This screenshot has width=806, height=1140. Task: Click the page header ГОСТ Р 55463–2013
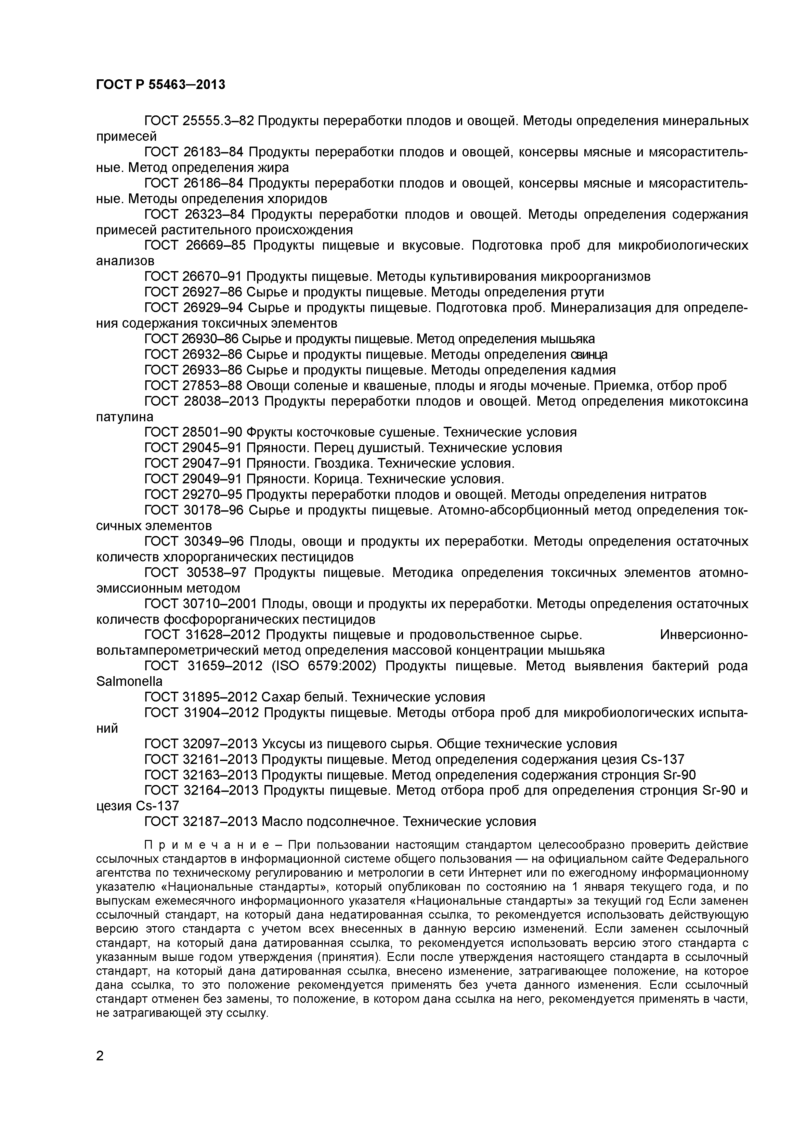pos(160,85)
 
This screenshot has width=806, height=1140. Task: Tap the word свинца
pos(589,355)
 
